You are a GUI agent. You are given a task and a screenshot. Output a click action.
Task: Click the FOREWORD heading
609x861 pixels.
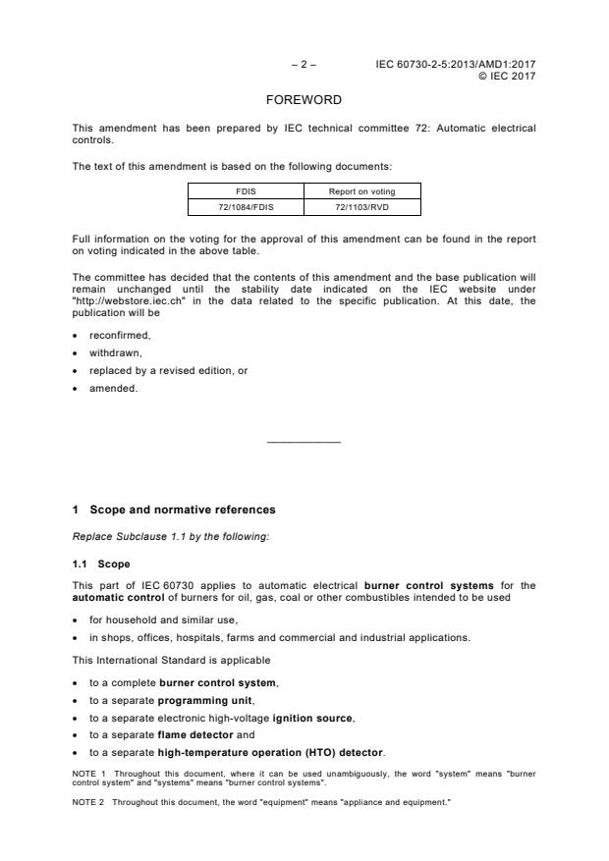pos(304,100)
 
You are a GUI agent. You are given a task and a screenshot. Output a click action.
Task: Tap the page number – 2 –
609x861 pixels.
pos(304,65)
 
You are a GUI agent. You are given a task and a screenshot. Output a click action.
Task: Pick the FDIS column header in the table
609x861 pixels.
pos(246,192)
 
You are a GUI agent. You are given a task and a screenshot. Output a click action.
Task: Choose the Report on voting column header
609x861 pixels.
pos(361,192)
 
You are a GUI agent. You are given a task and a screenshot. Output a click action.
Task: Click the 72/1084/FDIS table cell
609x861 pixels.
pos(246,207)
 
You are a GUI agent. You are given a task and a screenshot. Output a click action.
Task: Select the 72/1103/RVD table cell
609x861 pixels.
pos(361,207)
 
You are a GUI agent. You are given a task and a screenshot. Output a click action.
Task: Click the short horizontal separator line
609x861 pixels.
pos(304,443)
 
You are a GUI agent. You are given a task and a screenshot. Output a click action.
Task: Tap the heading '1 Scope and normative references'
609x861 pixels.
pos(174,510)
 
